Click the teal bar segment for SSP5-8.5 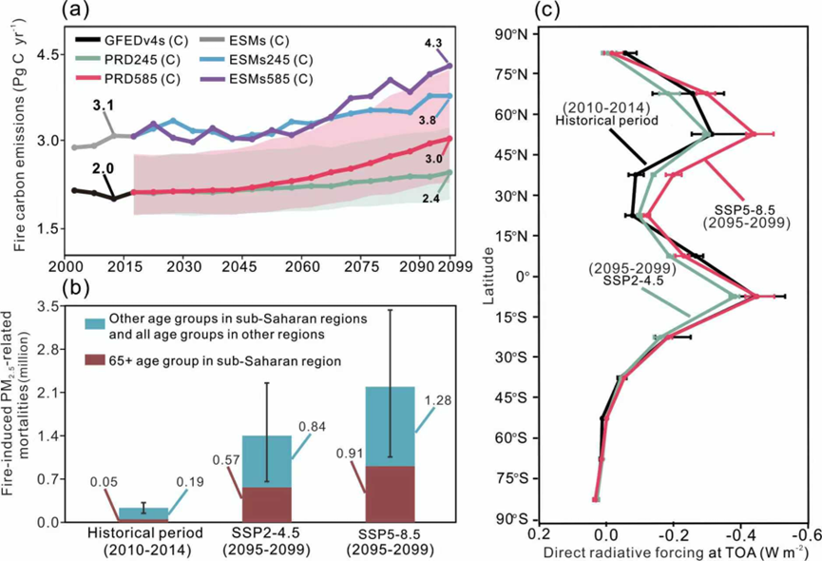[391, 426]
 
